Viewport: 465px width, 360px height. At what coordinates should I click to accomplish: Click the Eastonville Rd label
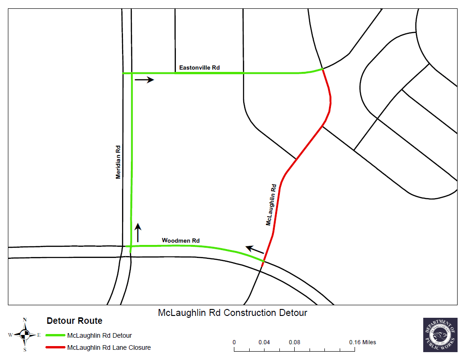pyautogui.click(x=200, y=68)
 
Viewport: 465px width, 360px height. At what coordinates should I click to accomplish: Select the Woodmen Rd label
pyautogui.click(x=181, y=240)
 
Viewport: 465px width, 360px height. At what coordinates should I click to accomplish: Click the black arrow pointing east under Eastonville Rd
pyautogui.click(x=144, y=80)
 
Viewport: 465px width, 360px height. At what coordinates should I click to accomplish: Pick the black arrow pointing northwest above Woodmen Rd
pyautogui.click(x=255, y=251)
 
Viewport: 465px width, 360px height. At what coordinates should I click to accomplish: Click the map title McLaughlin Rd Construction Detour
pyautogui.click(x=232, y=313)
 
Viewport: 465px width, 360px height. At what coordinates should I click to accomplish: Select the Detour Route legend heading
pyautogui.click(x=74, y=321)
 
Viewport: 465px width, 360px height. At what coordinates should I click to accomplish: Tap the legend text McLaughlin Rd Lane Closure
pyautogui.click(x=109, y=347)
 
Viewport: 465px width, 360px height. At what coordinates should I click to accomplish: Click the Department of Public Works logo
pyautogui.click(x=440, y=334)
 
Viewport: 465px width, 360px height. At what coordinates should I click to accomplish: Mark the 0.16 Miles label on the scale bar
pyautogui.click(x=362, y=342)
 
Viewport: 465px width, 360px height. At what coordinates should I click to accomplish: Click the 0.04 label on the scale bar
pyautogui.click(x=264, y=342)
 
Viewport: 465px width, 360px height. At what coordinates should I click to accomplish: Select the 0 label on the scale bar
pyautogui.click(x=234, y=342)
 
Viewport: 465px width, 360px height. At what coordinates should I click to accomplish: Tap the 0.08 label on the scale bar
pyautogui.click(x=294, y=342)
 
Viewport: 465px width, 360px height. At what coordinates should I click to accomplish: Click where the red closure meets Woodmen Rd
pyautogui.click(x=264, y=262)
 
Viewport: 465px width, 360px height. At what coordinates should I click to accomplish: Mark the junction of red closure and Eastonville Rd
pyautogui.click(x=323, y=69)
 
